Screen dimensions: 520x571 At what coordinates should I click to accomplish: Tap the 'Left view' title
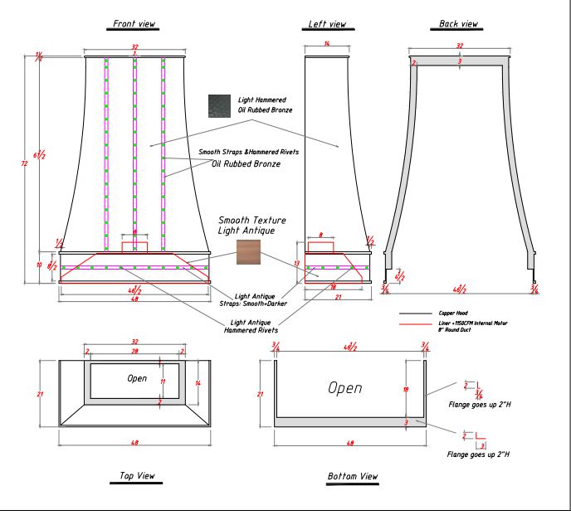coord(326,25)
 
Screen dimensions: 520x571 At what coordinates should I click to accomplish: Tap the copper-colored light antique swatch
coord(248,252)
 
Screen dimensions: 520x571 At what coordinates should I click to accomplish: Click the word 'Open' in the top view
coord(137,378)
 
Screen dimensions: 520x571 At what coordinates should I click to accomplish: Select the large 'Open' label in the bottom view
coord(346,387)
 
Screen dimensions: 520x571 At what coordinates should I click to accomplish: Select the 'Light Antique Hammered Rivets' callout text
coord(251,326)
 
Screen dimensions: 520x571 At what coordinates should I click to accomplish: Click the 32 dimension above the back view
coord(459,46)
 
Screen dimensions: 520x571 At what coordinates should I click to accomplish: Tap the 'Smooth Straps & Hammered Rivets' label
coord(248,153)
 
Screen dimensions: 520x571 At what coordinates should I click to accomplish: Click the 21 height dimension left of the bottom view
coord(260,394)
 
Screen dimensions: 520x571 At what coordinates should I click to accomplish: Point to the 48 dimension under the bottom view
coord(349,444)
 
